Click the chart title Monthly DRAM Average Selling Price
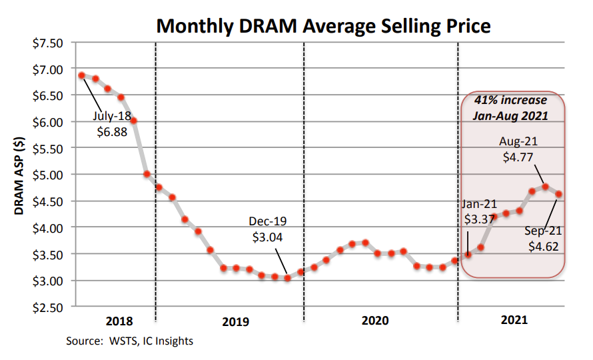(x=323, y=26)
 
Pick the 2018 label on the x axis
(x=119, y=321)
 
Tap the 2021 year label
(x=513, y=321)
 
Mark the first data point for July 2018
(x=81, y=75)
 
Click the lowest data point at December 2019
(x=287, y=278)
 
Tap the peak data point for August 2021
(x=545, y=187)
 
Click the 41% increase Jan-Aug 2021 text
(x=510, y=108)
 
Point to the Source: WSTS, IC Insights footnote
(x=129, y=341)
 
